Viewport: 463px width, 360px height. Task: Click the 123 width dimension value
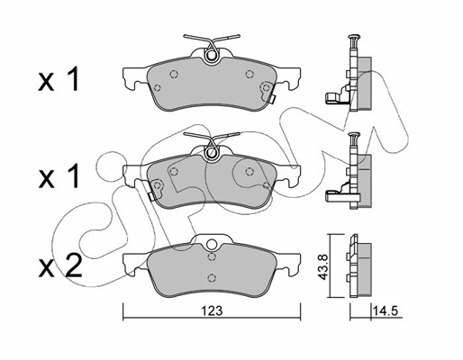(212, 311)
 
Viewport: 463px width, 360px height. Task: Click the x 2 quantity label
(60, 266)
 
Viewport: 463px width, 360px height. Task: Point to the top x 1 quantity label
(59, 79)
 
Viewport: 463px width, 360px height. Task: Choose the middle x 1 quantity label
(59, 176)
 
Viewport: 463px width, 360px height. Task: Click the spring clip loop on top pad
(212, 56)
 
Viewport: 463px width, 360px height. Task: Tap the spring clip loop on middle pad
(212, 152)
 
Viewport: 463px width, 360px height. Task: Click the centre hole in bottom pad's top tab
(212, 244)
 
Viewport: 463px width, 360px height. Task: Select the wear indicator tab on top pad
(272, 99)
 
